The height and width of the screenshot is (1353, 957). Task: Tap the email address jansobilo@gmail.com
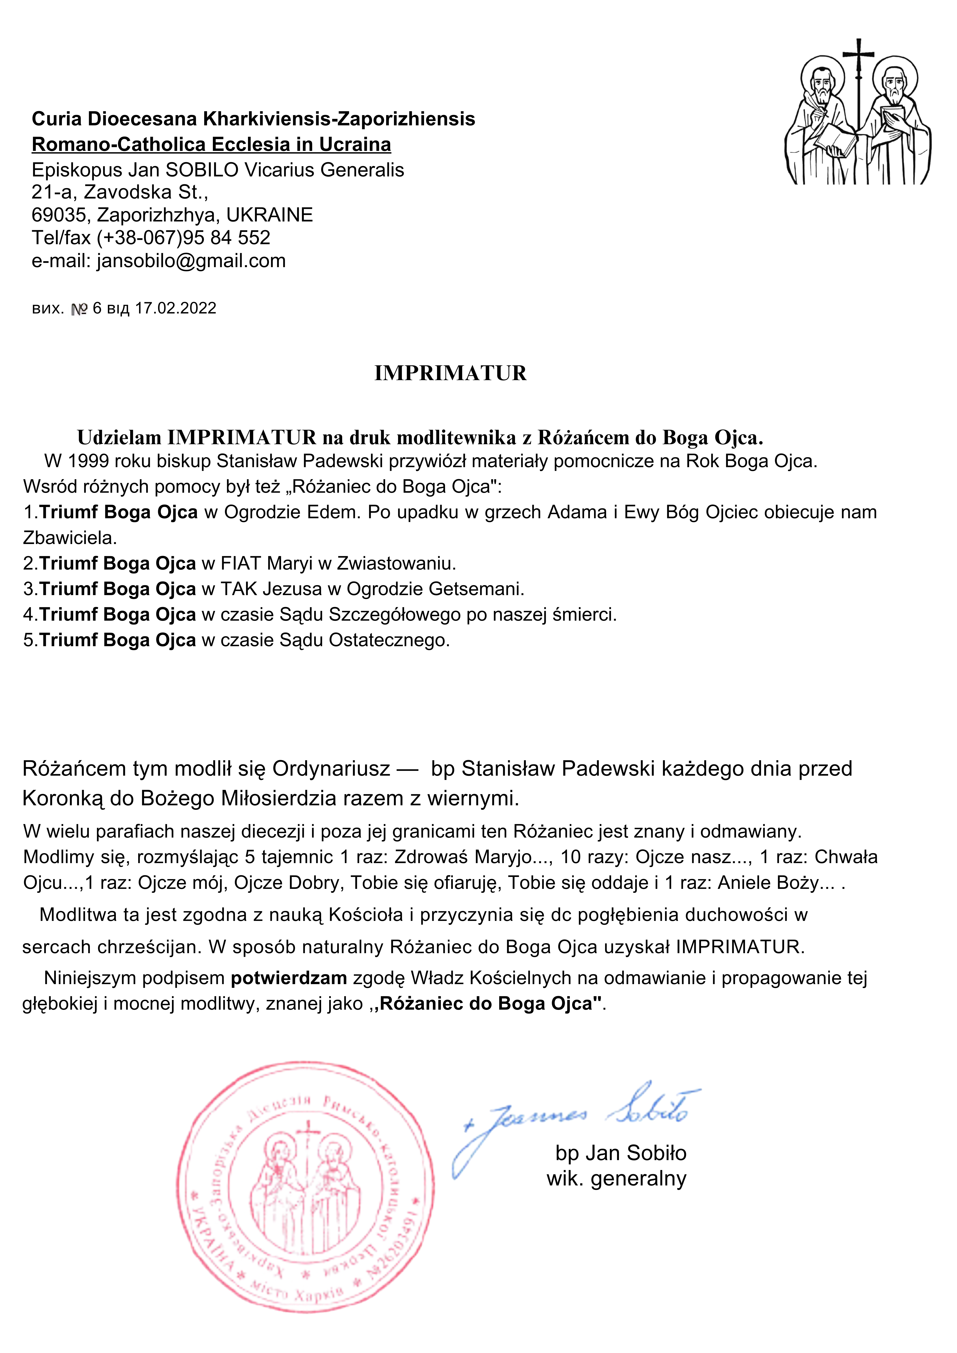[x=191, y=260]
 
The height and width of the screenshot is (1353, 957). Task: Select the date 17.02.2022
[x=176, y=308]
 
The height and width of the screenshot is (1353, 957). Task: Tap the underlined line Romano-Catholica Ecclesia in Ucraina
[x=211, y=144]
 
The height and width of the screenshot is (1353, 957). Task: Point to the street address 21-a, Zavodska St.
[x=120, y=192]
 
